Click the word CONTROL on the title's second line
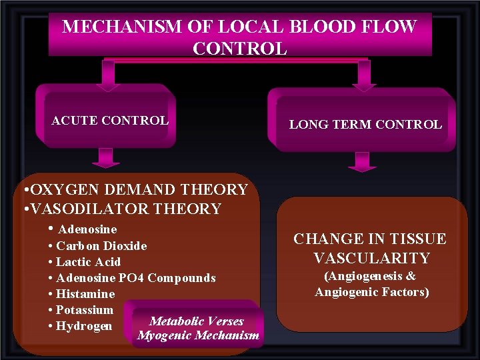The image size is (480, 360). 239,49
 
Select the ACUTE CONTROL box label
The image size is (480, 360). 110,121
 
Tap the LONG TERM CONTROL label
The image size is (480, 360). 365,125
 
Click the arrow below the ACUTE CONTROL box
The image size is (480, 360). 105,157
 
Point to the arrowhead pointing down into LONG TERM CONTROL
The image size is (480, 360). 363,83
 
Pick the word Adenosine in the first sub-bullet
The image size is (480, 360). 87,229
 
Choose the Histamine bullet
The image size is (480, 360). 85,294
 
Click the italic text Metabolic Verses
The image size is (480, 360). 197,321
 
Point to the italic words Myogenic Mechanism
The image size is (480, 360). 198,335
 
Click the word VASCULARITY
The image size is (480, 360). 371,258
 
